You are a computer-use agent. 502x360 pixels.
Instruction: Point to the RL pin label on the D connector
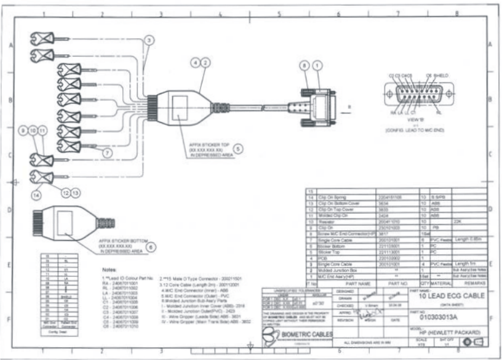[437, 113]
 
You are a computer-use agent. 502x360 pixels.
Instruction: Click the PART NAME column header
[340, 284]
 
